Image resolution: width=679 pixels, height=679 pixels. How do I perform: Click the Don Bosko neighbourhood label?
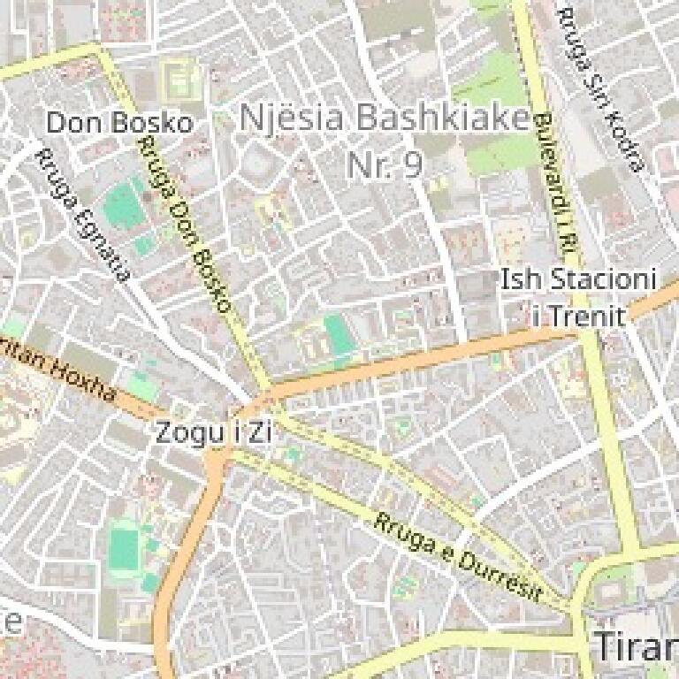118,122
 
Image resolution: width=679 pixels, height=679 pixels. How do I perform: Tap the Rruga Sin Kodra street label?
600,88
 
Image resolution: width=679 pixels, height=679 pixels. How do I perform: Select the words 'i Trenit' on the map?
578,316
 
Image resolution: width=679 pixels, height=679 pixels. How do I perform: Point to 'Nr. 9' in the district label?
384,164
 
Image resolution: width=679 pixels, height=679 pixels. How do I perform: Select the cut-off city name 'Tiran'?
636,647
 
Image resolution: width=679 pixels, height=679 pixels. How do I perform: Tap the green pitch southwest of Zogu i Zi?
125,547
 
